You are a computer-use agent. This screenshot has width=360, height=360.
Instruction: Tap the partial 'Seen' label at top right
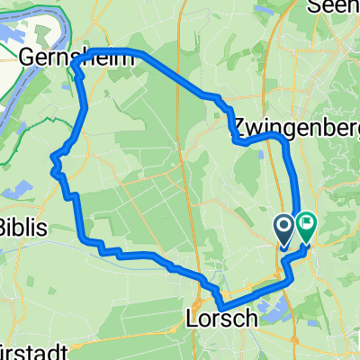tap(335, 7)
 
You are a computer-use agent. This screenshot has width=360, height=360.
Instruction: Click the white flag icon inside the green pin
tap(306, 221)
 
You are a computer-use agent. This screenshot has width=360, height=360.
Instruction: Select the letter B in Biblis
tap(4, 225)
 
